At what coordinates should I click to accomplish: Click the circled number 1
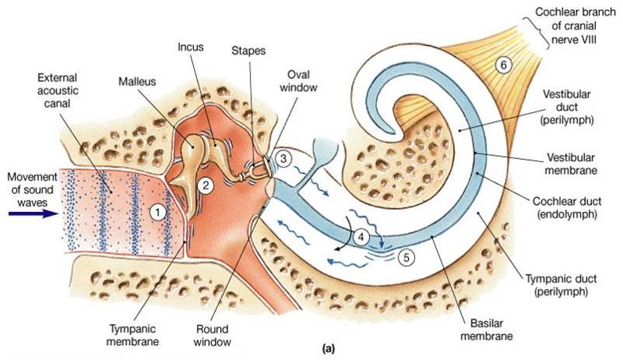coord(158,210)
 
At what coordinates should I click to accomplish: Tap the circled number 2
coord(205,185)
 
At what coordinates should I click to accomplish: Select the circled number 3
coord(285,158)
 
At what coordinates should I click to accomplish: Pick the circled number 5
coord(405,254)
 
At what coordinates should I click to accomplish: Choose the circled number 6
coord(504,66)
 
